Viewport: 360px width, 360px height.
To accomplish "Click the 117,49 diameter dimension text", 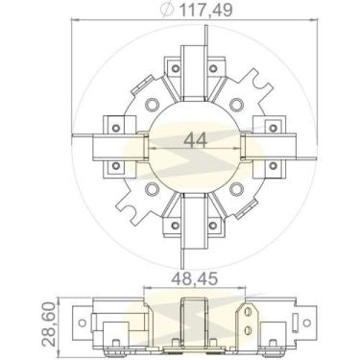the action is pos(205,11).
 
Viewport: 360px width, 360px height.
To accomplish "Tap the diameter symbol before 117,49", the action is pos(167,11).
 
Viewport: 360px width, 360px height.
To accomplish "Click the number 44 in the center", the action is pos(196,140).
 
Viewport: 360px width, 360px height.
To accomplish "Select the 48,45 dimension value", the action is pos(195,278).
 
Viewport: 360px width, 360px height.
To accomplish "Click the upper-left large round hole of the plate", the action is pos(152,104).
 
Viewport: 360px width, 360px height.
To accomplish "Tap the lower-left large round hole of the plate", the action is pos(152,188).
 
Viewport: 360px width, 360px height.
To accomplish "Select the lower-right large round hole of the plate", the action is pos(236,188).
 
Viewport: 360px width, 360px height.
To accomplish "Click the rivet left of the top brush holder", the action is pos(175,68).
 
